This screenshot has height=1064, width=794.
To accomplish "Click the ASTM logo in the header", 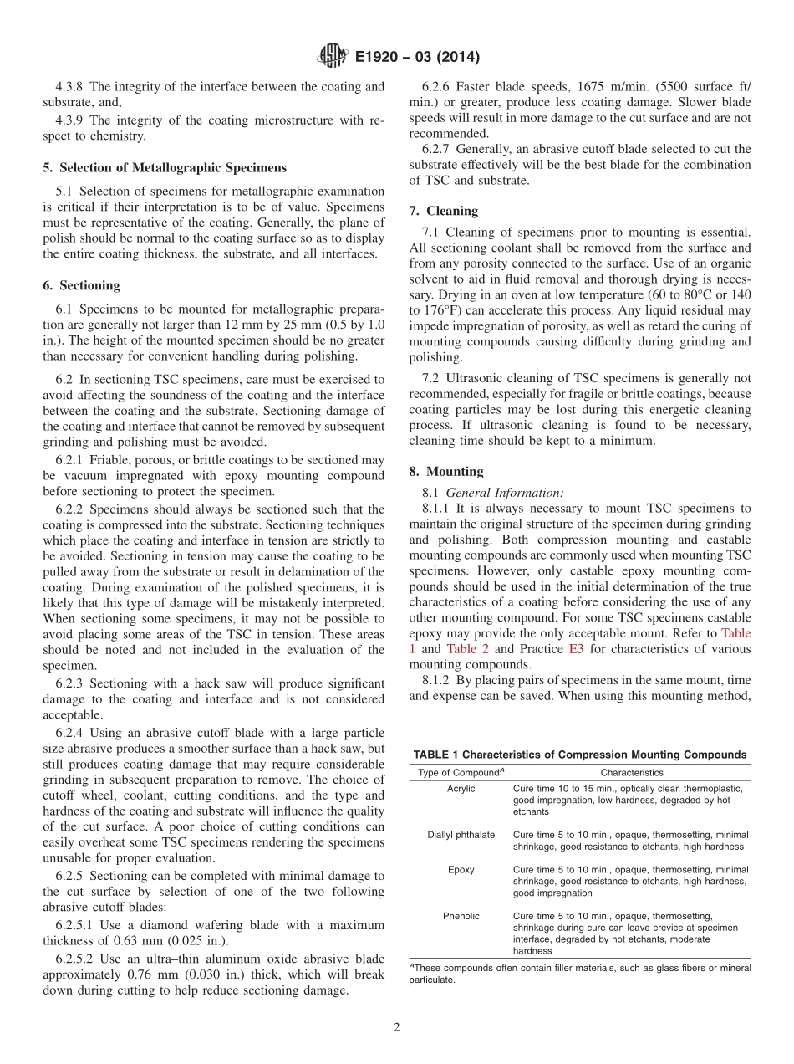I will click(333, 57).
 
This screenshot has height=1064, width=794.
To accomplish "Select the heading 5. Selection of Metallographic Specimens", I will click(164, 167).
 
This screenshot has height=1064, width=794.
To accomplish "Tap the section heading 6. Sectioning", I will click(81, 285).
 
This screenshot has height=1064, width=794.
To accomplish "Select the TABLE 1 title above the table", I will click(580, 755).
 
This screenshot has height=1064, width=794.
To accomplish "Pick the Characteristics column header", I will click(631, 773).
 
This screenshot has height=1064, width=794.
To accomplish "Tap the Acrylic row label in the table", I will click(461, 789).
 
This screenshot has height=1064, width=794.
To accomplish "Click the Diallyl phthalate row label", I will click(461, 835).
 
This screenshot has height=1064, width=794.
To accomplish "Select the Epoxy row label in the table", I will click(461, 870).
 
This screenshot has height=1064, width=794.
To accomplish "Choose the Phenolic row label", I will click(461, 916).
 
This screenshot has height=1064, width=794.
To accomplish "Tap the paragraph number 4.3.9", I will click(69, 120).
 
